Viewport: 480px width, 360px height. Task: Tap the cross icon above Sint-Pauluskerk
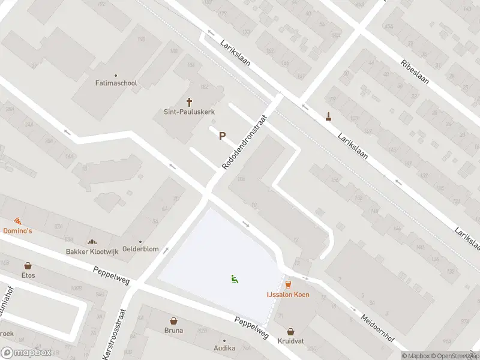tap(190, 102)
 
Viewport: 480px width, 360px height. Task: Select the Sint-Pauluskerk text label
tap(190, 112)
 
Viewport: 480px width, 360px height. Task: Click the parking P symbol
tap(222, 136)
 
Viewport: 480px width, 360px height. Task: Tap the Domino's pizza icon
tap(17, 221)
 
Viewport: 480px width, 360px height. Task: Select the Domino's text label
tap(17, 231)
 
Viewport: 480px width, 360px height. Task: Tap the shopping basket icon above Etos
tap(28, 265)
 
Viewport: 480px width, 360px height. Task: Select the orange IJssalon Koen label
tap(287, 295)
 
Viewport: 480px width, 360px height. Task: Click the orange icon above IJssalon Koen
tap(287, 284)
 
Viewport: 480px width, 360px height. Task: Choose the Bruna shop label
tap(173, 330)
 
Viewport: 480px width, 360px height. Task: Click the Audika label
tap(225, 348)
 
